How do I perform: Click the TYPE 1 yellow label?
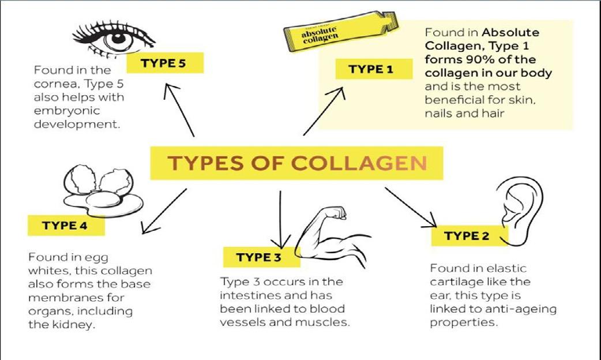tap(374, 70)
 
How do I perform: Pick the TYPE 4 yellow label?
tap(66, 226)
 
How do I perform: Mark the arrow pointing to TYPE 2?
tap(411, 207)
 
